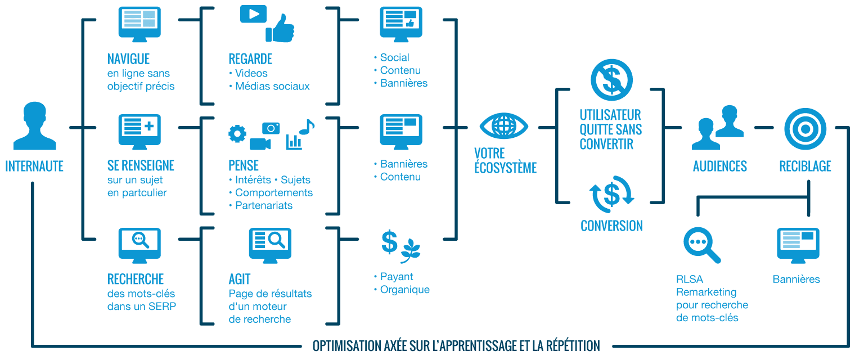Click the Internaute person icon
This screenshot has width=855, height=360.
pos(34,126)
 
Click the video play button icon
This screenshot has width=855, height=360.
pos(253,14)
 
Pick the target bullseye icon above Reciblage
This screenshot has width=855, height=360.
pos(805,126)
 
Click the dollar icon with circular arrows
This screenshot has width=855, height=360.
pos(611,194)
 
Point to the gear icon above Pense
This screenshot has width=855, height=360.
pos(237,134)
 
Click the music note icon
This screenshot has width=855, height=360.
pos(307,127)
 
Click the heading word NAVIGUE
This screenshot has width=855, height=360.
pos(128,59)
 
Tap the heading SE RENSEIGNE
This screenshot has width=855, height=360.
pos(141,166)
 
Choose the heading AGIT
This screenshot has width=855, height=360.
pos(240,280)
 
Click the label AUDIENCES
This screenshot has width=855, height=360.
pos(719,166)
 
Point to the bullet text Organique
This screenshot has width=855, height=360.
pos(404,290)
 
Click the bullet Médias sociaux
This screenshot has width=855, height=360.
pos(272,86)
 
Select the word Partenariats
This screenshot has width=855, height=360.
pos(264,205)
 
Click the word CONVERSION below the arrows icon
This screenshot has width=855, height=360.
pos(611,226)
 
